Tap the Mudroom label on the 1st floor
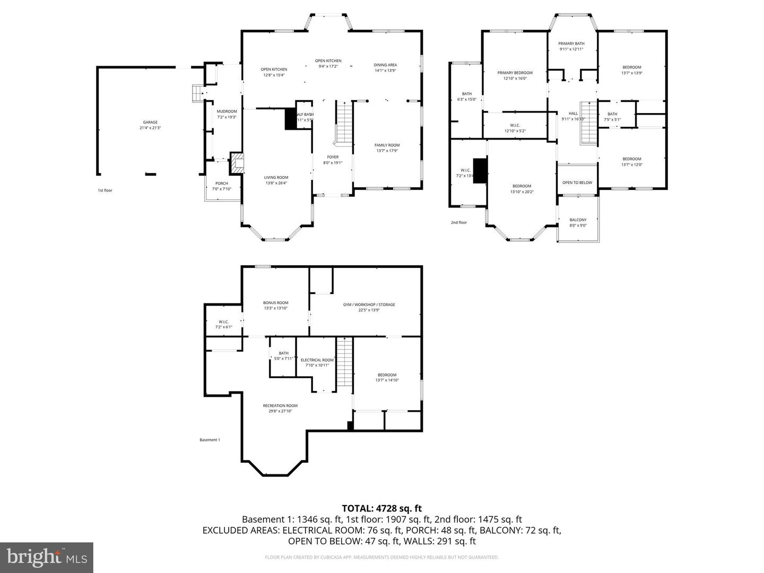(227, 111)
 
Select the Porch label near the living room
(222, 184)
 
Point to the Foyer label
(333, 157)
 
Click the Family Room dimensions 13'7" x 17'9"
(387, 151)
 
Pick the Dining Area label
(386, 65)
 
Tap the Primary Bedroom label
(515, 73)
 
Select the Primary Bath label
(571, 44)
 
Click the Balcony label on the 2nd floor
(578, 220)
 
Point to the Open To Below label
(577, 183)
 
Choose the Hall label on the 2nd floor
(573, 114)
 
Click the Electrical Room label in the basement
(317, 360)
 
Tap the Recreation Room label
(280, 405)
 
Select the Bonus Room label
(276, 302)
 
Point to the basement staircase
(345, 364)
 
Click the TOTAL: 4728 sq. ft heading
(382, 509)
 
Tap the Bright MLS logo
(47, 557)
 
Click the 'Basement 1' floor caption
(210, 440)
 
